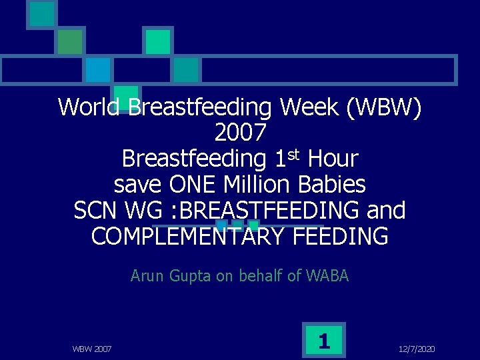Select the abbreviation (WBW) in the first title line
coord(381,107)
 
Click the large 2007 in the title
coord(240,133)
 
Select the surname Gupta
coord(188,275)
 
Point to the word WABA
coord(327,275)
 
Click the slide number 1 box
coord(324,341)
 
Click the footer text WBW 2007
coord(91,349)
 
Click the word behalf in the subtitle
coord(257,275)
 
